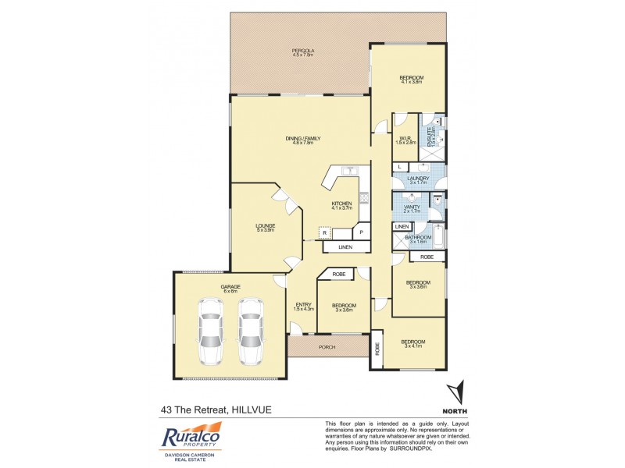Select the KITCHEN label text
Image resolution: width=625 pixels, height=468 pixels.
pyautogui.click(x=341, y=205)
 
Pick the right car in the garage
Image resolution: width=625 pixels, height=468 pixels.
pyautogui.click(x=250, y=330)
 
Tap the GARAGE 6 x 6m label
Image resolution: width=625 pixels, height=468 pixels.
pyautogui.click(x=230, y=289)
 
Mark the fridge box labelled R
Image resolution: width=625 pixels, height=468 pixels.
pyautogui.click(x=324, y=232)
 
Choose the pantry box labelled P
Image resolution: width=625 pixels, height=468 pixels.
pyautogui.click(x=362, y=232)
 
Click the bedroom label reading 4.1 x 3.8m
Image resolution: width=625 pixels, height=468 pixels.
pyautogui.click(x=411, y=79)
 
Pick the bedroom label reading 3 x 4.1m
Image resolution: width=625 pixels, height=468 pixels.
pyautogui.click(x=412, y=344)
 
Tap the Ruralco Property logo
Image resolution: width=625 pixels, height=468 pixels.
pyautogui.click(x=192, y=441)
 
